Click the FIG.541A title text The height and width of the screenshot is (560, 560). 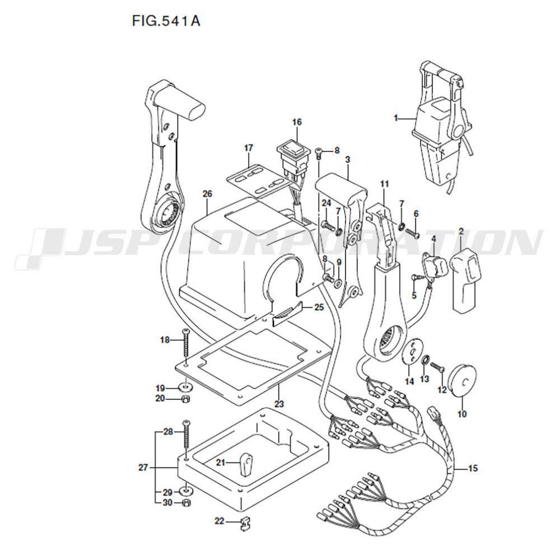[166, 21]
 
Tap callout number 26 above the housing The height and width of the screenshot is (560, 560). [207, 194]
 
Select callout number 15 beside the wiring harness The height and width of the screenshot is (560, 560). [473, 468]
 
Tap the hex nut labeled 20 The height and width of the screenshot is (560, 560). [185, 399]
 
